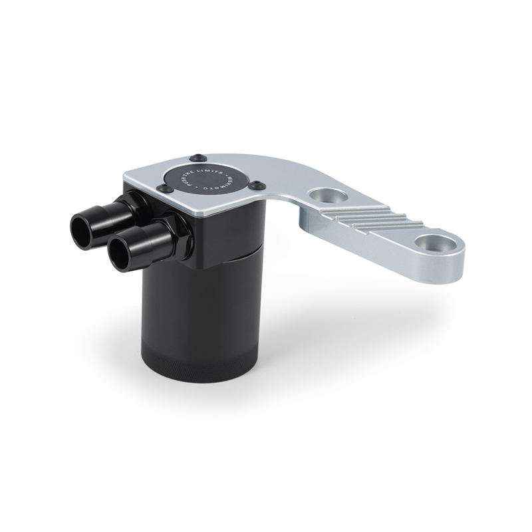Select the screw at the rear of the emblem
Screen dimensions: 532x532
click(196, 158)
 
